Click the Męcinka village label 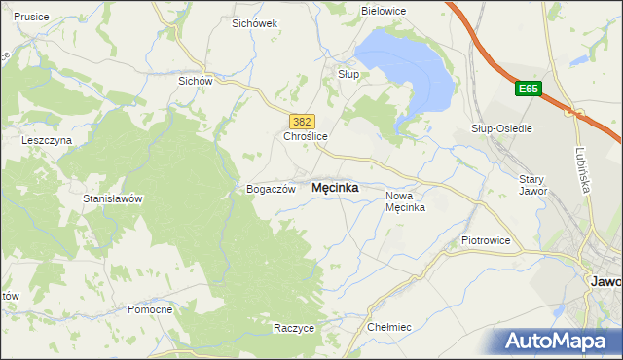coord(334,188)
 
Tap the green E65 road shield coord(528,90)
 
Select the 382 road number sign coord(302,121)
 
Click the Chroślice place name coord(307,137)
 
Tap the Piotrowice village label coord(486,239)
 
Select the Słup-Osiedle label coord(499,128)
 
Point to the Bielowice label coord(384,11)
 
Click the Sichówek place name coord(255,22)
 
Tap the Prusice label coord(32,17)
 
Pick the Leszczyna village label coord(47,140)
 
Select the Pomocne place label coord(150,309)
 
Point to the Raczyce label coord(294,328)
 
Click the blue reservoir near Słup coord(409,73)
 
